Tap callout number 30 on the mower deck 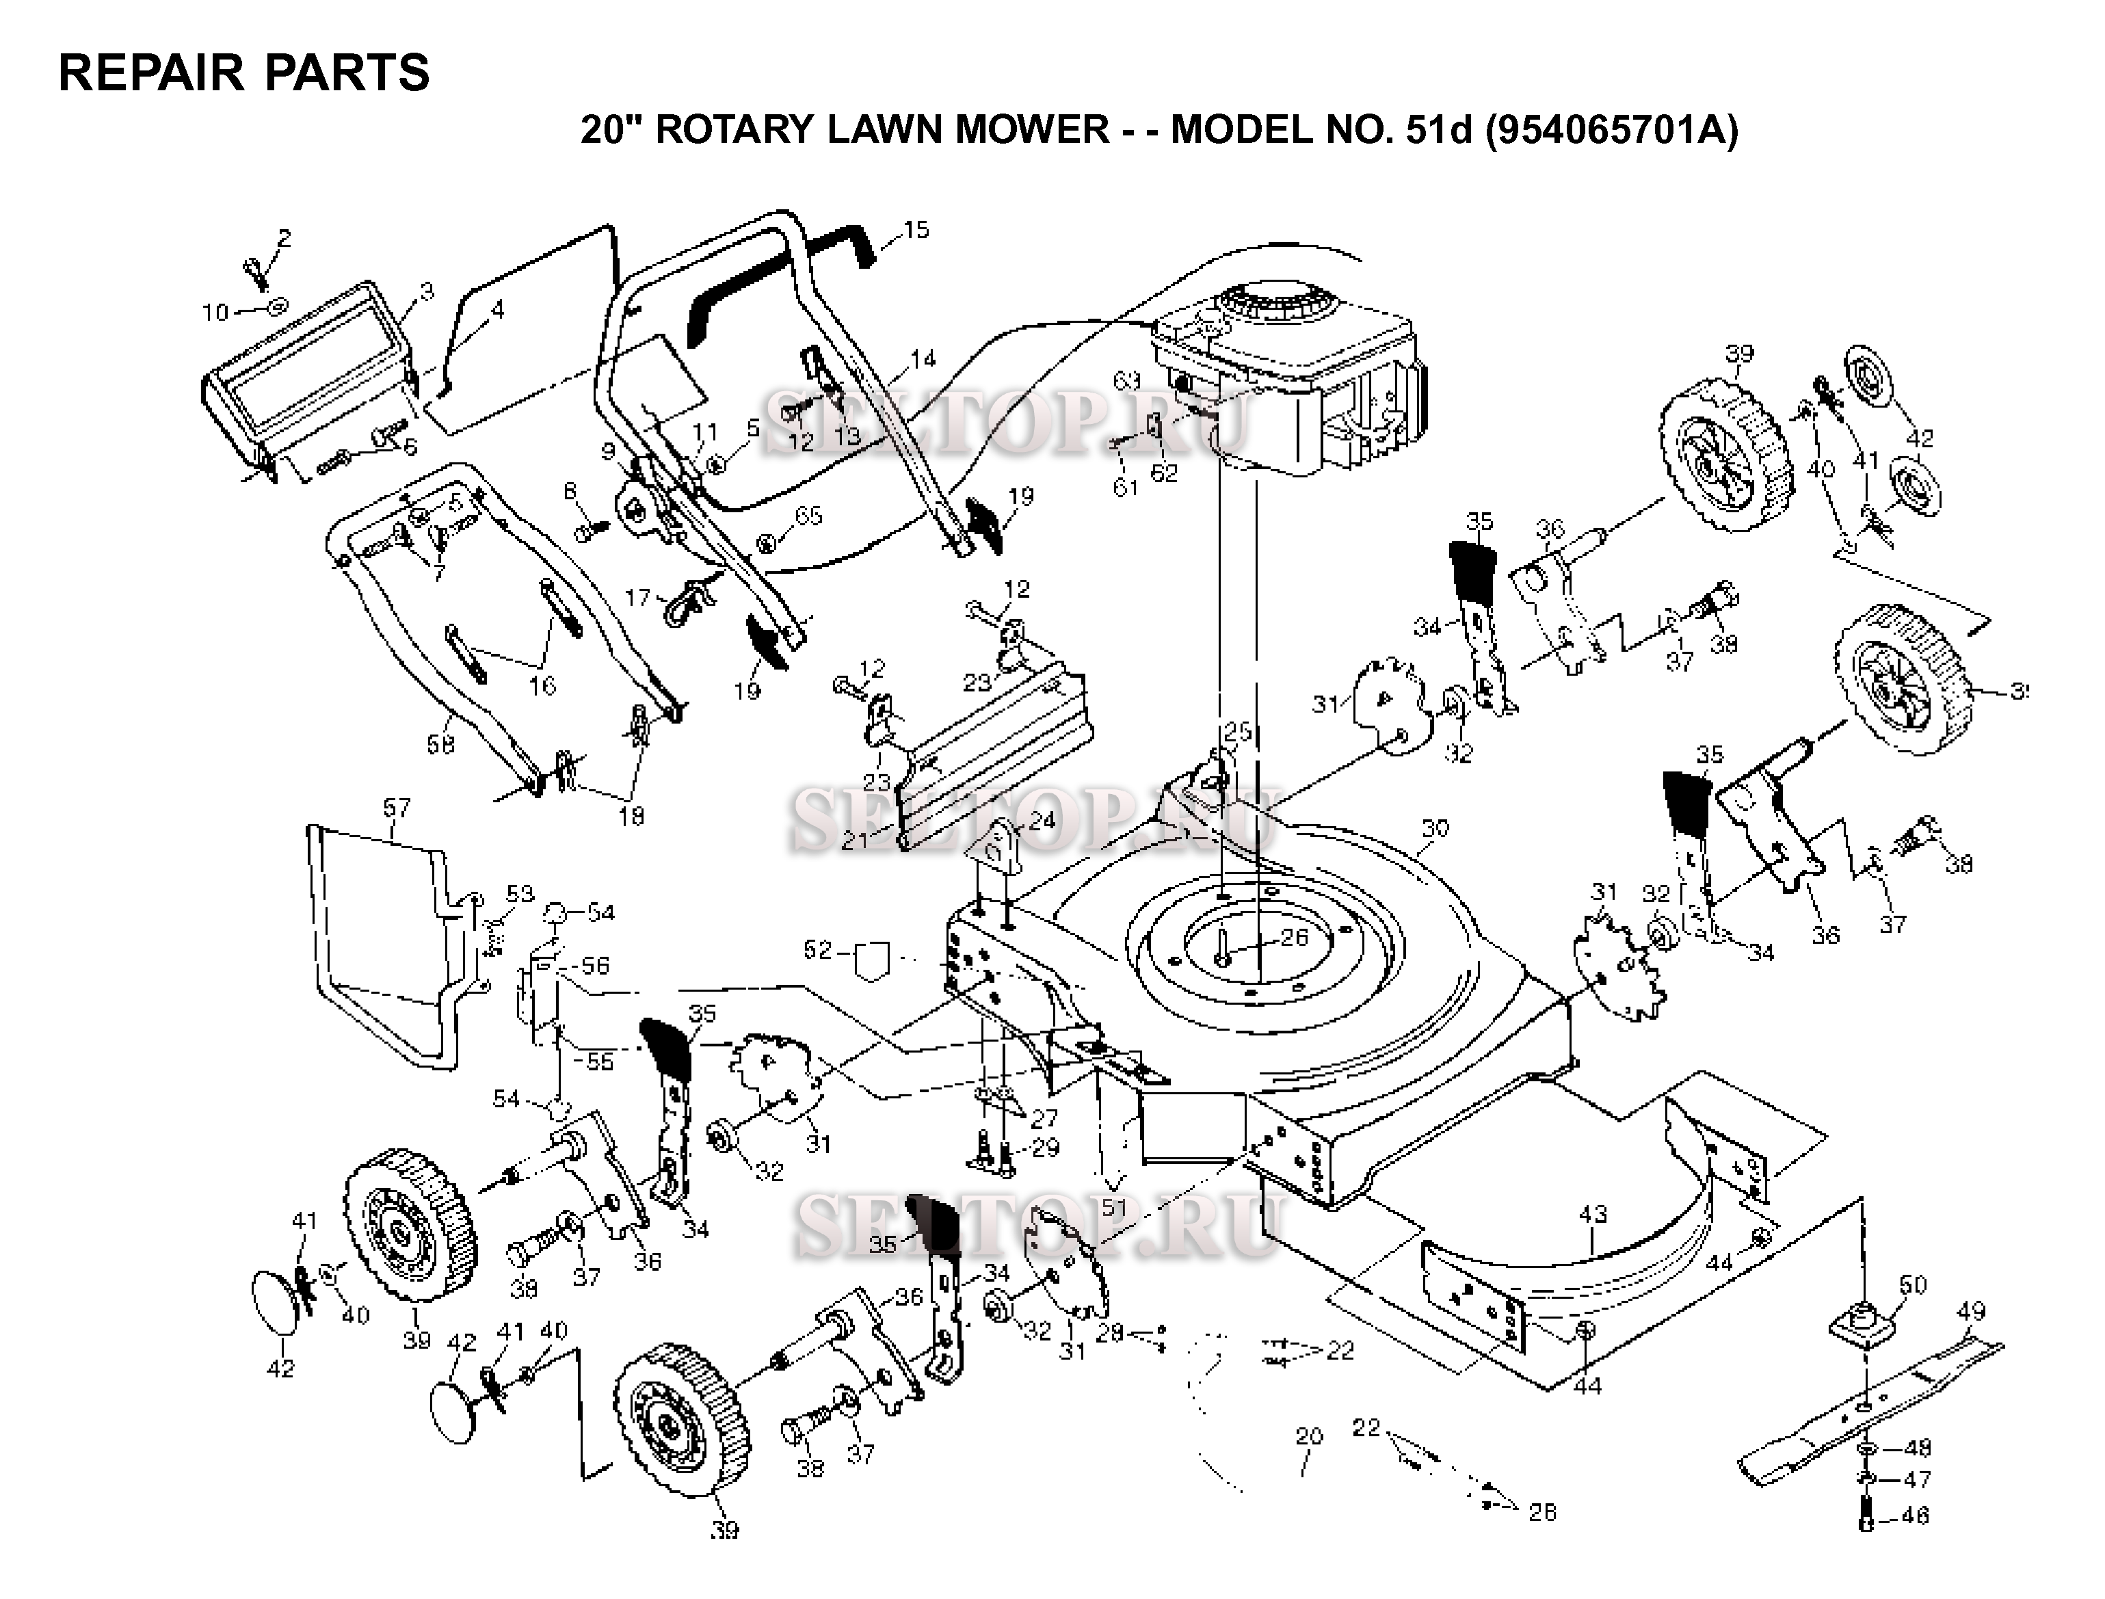coord(1433,828)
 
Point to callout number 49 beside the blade coord(1971,1312)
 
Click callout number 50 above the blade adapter coord(1912,1285)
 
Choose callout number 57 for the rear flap coord(396,808)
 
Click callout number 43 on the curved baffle coord(1592,1215)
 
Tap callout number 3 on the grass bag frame coord(426,291)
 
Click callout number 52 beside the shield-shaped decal coord(817,950)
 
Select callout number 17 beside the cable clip coord(637,598)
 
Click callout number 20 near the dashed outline coord(1310,1436)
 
